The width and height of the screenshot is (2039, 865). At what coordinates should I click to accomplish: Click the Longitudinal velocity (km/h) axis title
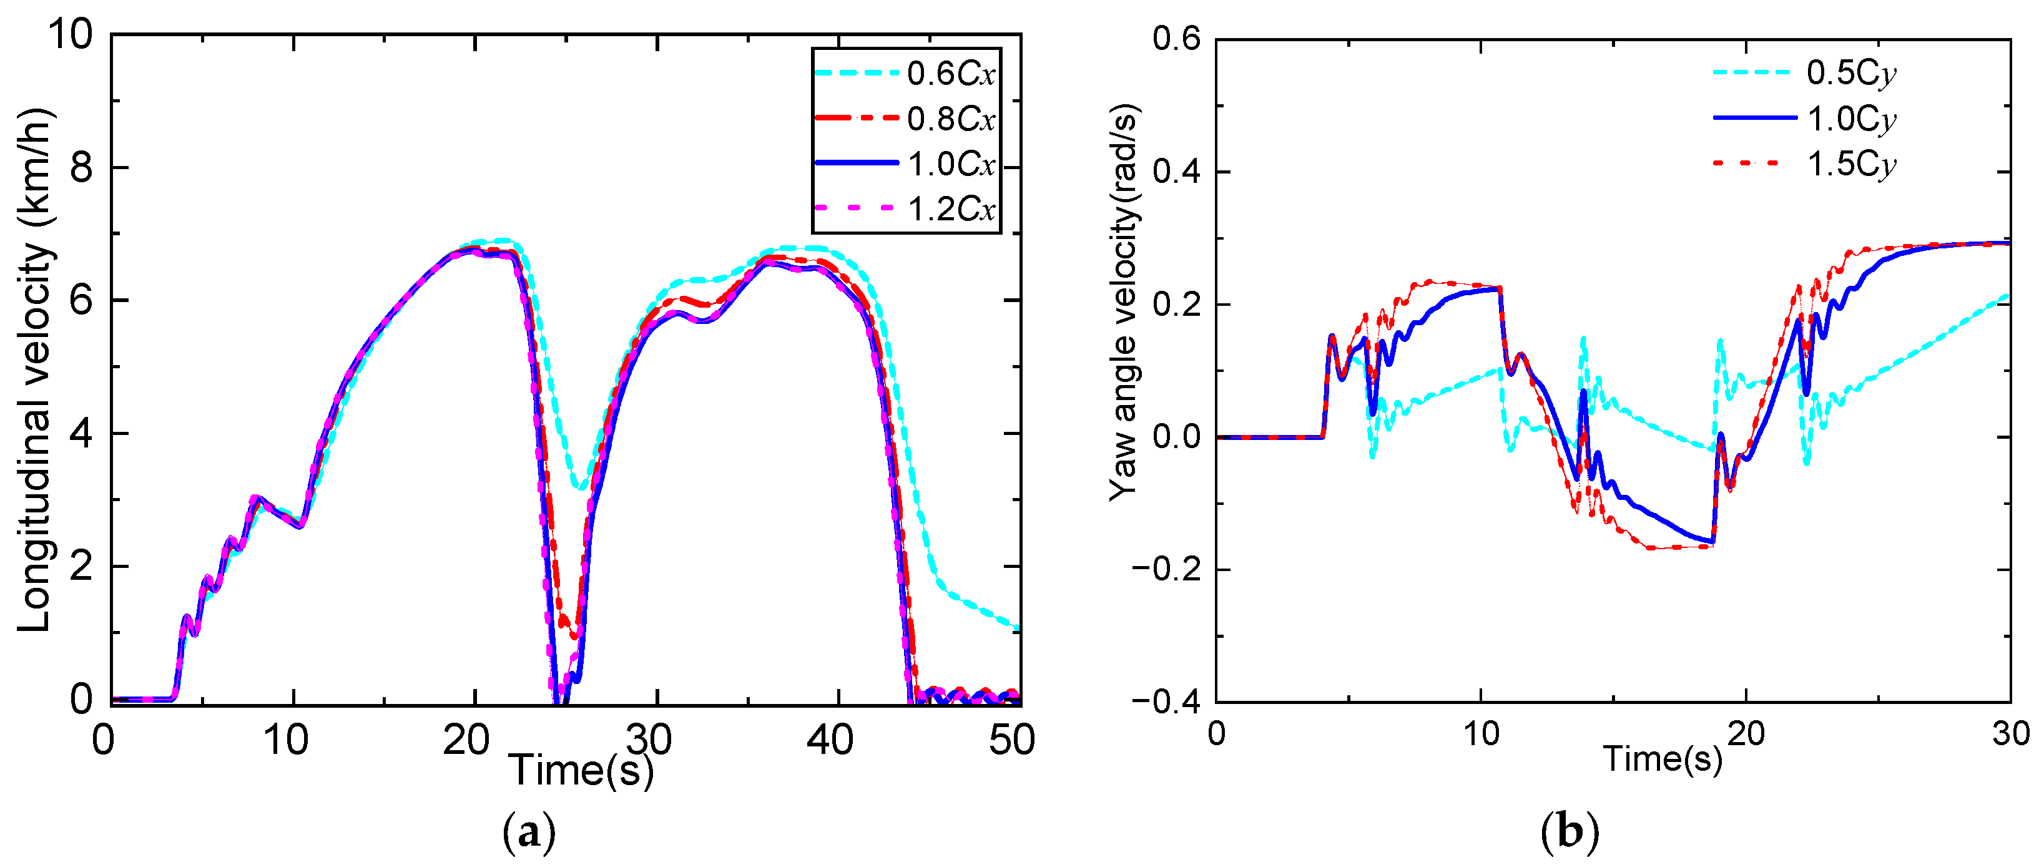click(x=36, y=368)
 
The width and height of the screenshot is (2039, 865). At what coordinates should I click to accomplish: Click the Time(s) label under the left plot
click(x=582, y=770)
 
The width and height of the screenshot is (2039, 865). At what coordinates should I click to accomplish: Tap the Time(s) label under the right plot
click(x=1662, y=758)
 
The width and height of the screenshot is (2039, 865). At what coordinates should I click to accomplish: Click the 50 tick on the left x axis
click(x=1011, y=741)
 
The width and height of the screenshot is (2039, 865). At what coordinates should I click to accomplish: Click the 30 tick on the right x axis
click(x=2010, y=735)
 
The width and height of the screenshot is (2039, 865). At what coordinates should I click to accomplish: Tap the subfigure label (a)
click(x=529, y=832)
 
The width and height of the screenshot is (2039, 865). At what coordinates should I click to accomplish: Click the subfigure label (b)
click(x=1570, y=832)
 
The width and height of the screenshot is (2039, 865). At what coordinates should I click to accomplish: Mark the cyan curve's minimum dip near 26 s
click(x=582, y=487)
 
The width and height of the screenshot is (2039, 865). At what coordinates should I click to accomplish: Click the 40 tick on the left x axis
click(x=830, y=741)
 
